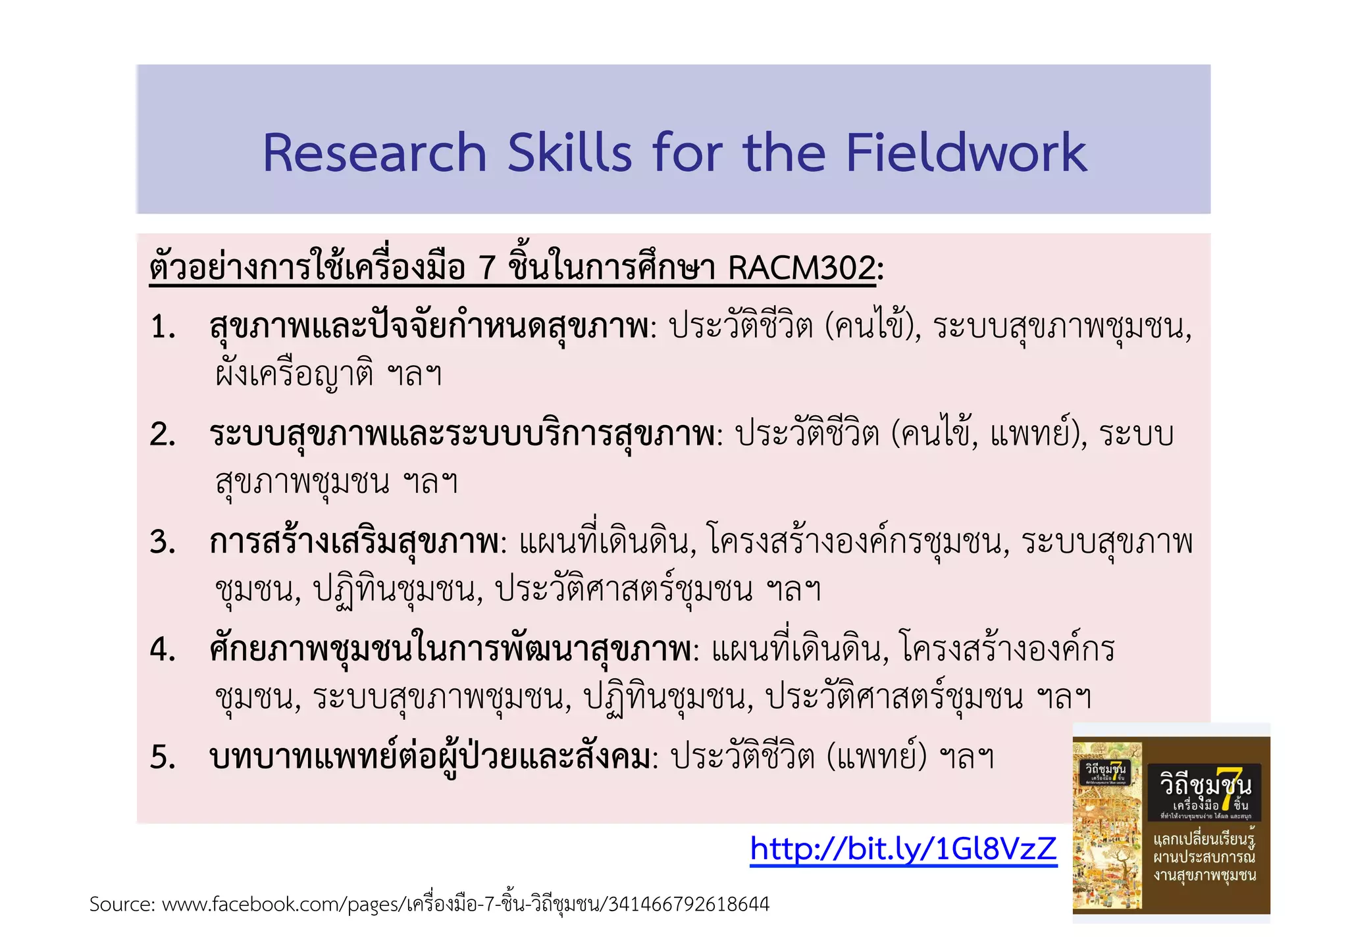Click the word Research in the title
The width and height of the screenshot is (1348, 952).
[374, 153]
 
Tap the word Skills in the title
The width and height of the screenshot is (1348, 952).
[569, 153]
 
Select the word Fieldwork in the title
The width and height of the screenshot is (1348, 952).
[966, 153]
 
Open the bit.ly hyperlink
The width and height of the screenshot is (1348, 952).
[903, 849]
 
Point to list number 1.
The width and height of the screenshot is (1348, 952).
[163, 327]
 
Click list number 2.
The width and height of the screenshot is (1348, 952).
[163, 435]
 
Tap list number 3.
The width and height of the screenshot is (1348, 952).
[163, 543]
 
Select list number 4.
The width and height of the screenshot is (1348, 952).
[163, 650]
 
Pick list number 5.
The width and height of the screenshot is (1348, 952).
[163, 757]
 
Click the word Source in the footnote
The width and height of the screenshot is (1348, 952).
[121, 905]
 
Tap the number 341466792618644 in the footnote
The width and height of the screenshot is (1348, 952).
[688, 905]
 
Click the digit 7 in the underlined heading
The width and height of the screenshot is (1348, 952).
[486, 268]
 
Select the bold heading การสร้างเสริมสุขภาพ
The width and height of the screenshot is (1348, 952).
[354, 543]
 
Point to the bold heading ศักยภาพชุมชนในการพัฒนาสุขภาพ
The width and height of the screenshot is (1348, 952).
[450, 650]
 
